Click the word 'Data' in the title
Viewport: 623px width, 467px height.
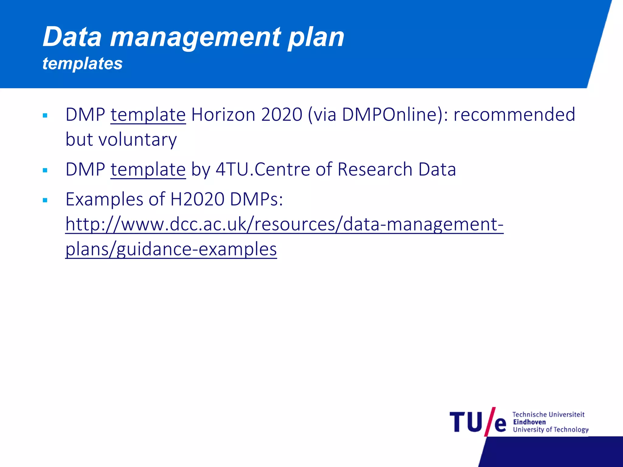click(x=72, y=37)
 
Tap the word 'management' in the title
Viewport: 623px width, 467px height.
click(x=195, y=37)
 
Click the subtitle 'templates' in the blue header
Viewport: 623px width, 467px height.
click(x=82, y=64)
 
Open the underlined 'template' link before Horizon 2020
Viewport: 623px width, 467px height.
click(x=148, y=115)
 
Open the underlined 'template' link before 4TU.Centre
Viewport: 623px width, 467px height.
click(x=148, y=170)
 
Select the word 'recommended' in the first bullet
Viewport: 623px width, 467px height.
click(x=514, y=115)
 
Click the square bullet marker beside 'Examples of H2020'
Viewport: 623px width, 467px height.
click(x=45, y=200)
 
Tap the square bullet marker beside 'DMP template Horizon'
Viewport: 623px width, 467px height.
click(x=45, y=116)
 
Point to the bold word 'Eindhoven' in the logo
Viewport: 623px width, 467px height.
click(x=529, y=422)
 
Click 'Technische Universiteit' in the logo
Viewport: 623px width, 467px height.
click(x=548, y=414)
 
